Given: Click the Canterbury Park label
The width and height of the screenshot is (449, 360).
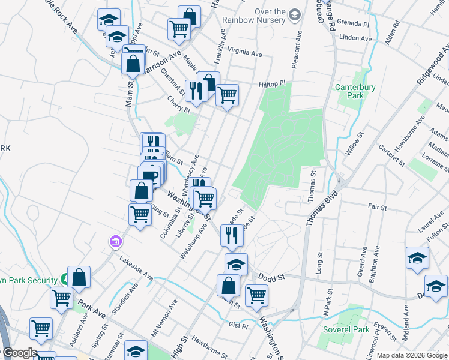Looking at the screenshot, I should pyautogui.click(x=355, y=91).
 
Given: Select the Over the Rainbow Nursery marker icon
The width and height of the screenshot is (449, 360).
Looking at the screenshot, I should pyautogui.click(x=294, y=14).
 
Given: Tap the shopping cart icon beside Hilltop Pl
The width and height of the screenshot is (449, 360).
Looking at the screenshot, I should pyautogui.click(x=227, y=94).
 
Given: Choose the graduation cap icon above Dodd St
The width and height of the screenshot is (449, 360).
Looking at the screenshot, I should pyautogui.click(x=236, y=263).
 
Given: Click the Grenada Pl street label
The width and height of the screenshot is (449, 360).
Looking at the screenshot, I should pyautogui.click(x=354, y=25).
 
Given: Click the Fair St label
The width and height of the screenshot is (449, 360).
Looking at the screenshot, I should pyautogui.click(x=378, y=207).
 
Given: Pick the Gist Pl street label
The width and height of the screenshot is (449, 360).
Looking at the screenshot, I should pyautogui.click(x=238, y=326).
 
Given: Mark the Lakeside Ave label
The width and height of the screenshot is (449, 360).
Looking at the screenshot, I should pyautogui.click(x=136, y=268).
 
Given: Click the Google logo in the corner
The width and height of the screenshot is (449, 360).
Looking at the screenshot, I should pyautogui.click(x=20, y=353).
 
